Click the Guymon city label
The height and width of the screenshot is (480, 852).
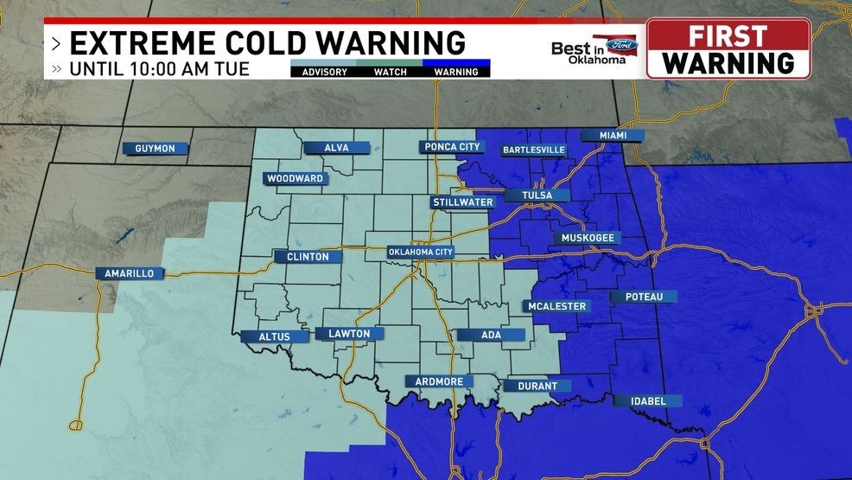156,148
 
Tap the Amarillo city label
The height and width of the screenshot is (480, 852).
129,273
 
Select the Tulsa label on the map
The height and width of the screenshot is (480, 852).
537,195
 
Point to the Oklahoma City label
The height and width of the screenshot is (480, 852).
421,253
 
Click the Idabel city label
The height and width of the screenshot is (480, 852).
648,400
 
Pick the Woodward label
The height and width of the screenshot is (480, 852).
295,179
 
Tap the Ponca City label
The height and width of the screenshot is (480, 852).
452,147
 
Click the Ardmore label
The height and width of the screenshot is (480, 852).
439,381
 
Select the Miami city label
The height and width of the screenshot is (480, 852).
611,136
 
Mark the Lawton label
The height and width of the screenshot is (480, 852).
349,334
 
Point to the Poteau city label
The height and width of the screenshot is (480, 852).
643,297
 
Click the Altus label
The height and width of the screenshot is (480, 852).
281,336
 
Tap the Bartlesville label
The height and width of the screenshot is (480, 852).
533,150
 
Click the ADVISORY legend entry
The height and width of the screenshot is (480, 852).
324,72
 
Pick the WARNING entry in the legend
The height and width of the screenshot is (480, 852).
456,72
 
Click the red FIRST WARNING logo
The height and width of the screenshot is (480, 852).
728,48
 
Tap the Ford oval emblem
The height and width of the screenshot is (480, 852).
622,44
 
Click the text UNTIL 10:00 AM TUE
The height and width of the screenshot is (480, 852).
160,68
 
